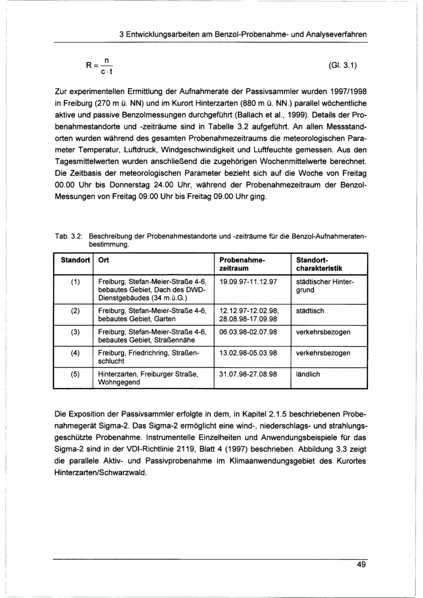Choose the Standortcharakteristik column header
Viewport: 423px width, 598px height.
tap(319, 264)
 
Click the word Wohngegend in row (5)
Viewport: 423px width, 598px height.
tap(119, 382)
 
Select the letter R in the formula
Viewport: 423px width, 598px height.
tap(89, 65)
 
